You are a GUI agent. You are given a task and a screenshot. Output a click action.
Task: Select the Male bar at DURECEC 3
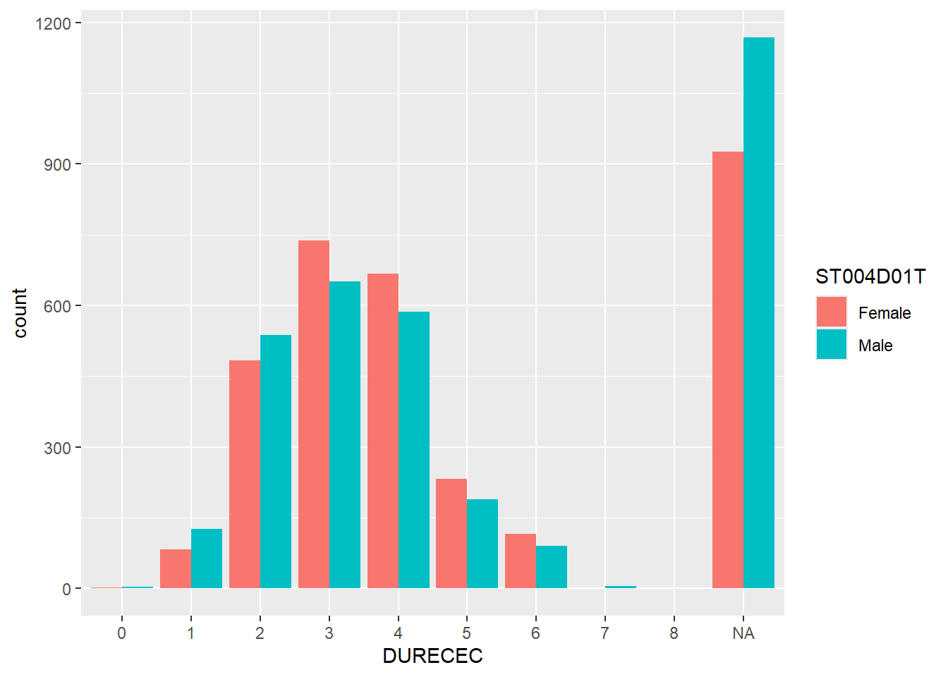tap(345, 435)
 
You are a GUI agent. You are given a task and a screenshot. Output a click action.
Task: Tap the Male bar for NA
tap(759, 313)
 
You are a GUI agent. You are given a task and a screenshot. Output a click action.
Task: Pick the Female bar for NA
tap(728, 370)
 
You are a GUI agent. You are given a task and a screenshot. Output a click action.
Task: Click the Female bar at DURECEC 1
tap(176, 569)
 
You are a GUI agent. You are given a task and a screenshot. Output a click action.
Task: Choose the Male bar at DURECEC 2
tap(276, 462)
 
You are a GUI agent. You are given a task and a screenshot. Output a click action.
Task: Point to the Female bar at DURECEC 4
tap(383, 431)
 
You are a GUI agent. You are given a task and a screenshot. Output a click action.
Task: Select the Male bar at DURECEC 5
tap(482, 544)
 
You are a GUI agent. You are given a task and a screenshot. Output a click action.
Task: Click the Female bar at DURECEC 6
tap(521, 561)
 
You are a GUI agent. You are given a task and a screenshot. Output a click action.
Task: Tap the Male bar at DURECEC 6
tap(552, 567)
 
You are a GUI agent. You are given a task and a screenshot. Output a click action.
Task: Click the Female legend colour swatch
tap(832, 312)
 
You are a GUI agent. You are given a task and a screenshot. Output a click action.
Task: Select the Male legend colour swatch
tap(832, 345)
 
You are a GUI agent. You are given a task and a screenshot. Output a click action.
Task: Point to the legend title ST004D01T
tap(870, 277)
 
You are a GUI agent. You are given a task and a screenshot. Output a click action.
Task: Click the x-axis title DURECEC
tap(432, 656)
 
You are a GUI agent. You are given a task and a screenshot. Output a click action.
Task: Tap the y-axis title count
tap(20, 312)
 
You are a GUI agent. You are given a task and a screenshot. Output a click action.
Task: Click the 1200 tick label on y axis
tap(53, 24)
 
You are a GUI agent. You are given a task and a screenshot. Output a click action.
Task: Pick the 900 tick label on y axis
tap(57, 165)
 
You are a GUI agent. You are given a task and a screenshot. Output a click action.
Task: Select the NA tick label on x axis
tap(743, 633)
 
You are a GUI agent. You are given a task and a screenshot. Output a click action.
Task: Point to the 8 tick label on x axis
tap(674, 633)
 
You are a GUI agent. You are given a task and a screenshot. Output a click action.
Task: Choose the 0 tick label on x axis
tap(122, 633)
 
